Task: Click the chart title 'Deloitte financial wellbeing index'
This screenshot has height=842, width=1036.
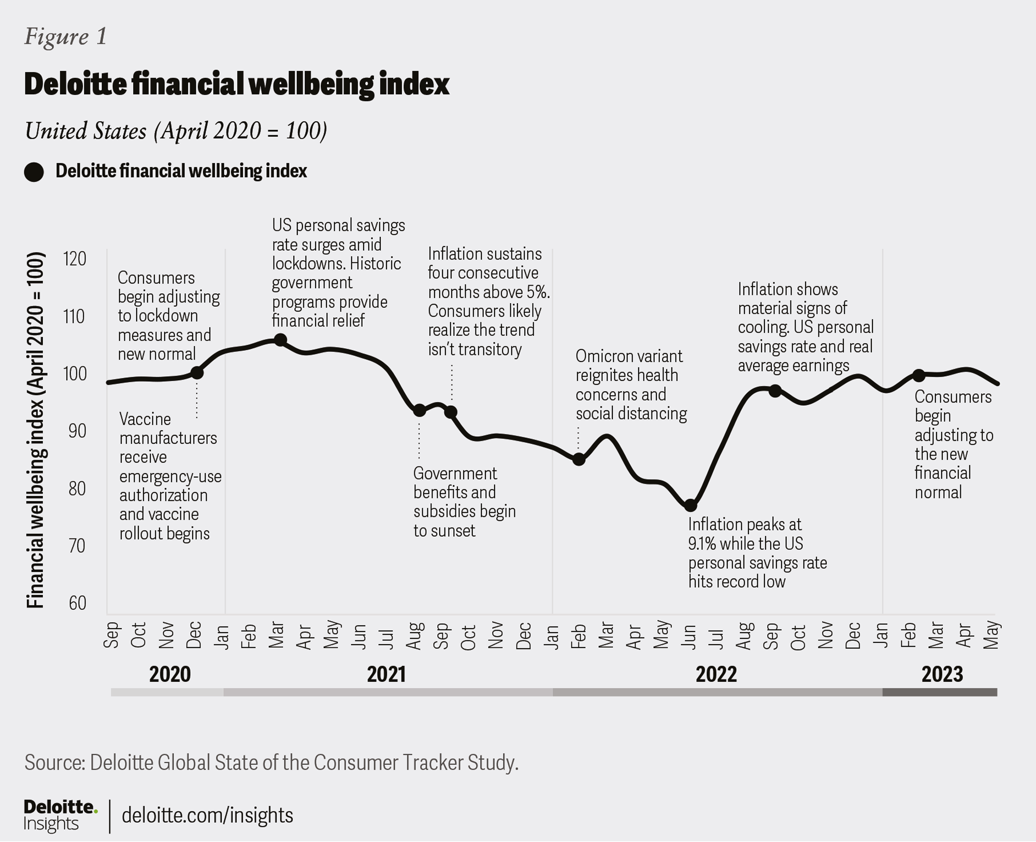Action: click(237, 84)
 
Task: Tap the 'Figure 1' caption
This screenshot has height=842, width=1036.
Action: click(66, 37)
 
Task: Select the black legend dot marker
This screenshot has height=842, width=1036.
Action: click(34, 172)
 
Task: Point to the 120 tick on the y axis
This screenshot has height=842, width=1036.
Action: click(74, 259)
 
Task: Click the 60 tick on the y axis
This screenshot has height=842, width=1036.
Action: click(77, 603)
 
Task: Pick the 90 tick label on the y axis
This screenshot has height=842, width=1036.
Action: click(77, 431)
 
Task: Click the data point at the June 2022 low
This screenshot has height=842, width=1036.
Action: click(690, 505)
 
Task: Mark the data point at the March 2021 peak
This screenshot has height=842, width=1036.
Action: click(280, 340)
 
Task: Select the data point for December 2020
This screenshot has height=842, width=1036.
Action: click(197, 372)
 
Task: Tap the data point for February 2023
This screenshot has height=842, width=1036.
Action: click(918, 375)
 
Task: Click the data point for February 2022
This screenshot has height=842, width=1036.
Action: click(579, 459)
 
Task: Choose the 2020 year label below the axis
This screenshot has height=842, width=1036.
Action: click(170, 674)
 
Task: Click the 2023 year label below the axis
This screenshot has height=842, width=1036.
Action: click(942, 674)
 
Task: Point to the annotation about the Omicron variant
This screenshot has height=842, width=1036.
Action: click(630, 385)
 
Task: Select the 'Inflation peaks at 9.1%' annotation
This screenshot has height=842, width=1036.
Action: click(757, 553)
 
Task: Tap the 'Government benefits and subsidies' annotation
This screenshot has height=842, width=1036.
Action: click(464, 502)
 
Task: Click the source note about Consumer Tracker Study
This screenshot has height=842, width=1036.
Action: click(271, 762)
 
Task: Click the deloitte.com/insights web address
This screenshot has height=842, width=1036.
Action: click(207, 815)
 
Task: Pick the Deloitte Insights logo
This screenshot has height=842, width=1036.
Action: click(60, 815)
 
